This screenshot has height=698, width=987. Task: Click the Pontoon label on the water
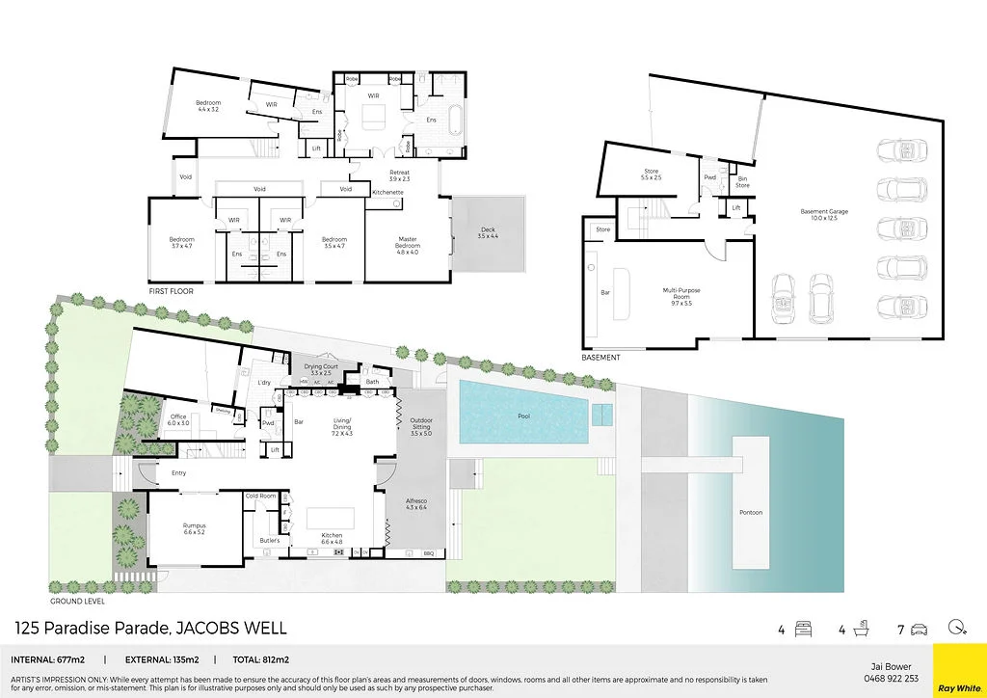pyautogui.click(x=750, y=512)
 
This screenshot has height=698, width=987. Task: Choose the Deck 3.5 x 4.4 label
pyautogui.click(x=487, y=233)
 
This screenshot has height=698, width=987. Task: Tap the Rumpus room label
pyautogui.click(x=195, y=528)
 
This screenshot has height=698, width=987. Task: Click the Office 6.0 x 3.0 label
pyautogui.click(x=177, y=420)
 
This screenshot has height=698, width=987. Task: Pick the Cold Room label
pyautogui.click(x=261, y=496)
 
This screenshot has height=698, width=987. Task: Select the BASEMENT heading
pyautogui.click(x=600, y=358)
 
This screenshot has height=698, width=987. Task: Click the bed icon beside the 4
pyautogui.click(x=802, y=631)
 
